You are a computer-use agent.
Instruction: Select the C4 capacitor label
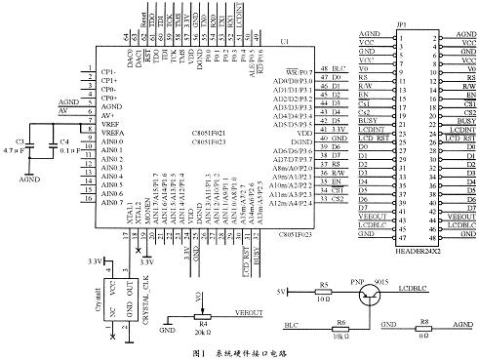64,143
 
